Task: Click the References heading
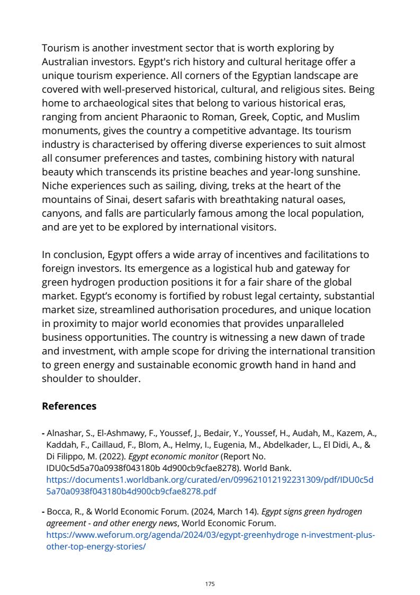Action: pyautogui.click(x=69, y=406)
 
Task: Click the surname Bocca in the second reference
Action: pyautogui.click(x=58, y=512)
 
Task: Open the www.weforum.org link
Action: pyautogui.click(x=210, y=535)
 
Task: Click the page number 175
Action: pyautogui.click(x=210, y=584)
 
